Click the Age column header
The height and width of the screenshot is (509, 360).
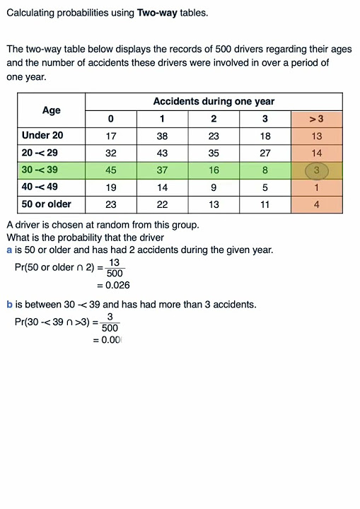pos(52,110)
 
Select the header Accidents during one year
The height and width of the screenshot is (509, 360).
pos(214,102)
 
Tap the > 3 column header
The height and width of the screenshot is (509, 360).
pos(316,119)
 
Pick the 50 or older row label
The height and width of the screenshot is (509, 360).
pos(47,204)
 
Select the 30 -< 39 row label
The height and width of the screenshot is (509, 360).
pos(40,170)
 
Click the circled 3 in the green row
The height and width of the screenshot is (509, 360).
pos(317,170)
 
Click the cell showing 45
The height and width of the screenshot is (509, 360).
pos(110,170)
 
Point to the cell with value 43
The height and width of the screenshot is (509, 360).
pos(162,153)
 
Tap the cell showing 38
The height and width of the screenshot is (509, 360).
pos(162,136)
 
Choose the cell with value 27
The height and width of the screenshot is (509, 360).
pos(265,153)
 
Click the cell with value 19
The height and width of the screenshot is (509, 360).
pos(110,187)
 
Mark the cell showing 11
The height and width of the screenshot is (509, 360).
pos(265,204)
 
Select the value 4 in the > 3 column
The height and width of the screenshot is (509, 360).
pos(317,204)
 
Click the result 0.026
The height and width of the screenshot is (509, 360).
pos(114,286)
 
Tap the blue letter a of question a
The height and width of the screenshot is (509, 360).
pos(9,250)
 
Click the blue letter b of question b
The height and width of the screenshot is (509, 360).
pos(9,305)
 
